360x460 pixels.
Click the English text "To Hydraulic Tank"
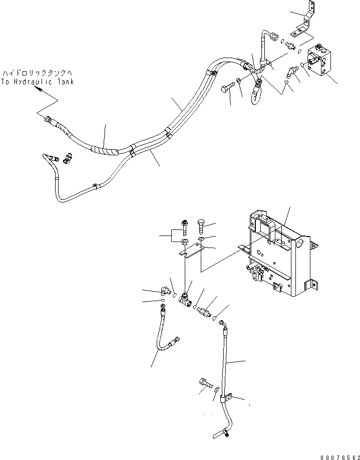37,82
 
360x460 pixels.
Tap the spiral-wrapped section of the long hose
103,148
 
